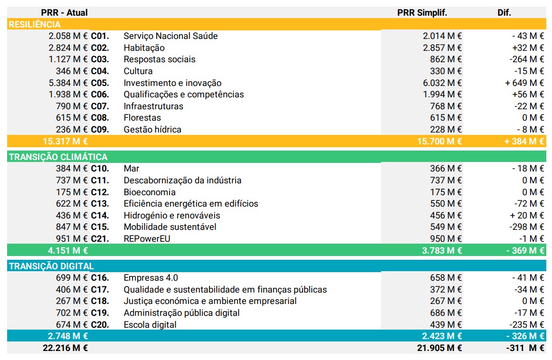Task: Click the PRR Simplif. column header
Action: coord(422,13)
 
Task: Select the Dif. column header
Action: coord(504,13)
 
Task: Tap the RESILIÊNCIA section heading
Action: coord(35,24)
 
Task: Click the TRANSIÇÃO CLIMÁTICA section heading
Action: coord(58,157)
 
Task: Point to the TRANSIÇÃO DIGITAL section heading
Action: coord(51,266)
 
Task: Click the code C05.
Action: coord(100,83)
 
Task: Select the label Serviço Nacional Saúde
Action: coord(171,36)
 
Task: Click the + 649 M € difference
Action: coord(524,83)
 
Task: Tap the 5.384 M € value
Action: coord(68,83)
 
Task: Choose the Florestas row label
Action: coord(142,118)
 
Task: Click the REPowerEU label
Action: coord(147,238)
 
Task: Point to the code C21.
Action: coord(100,238)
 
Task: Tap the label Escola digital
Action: coord(150,325)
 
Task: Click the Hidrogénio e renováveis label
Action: coord(172,216)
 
